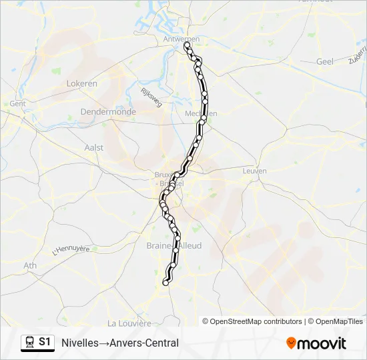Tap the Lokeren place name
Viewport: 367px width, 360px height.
(82, 83)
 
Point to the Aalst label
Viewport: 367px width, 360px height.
(94, 147)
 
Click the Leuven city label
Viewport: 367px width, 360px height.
(255, 171)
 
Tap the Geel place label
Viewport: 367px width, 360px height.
(324, 61)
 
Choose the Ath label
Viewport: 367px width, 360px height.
(30, 265)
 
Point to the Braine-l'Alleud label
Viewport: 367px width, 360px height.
(173, 246)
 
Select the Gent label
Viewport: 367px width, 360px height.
(17, 104)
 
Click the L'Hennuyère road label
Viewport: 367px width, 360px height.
(71, 251)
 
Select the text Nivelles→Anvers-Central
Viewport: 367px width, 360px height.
(120, 343)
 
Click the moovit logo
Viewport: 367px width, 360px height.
(316, 343)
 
